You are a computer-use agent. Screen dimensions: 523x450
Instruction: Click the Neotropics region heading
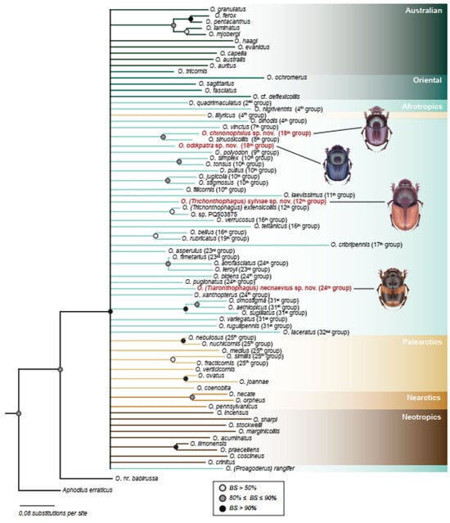421,417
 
